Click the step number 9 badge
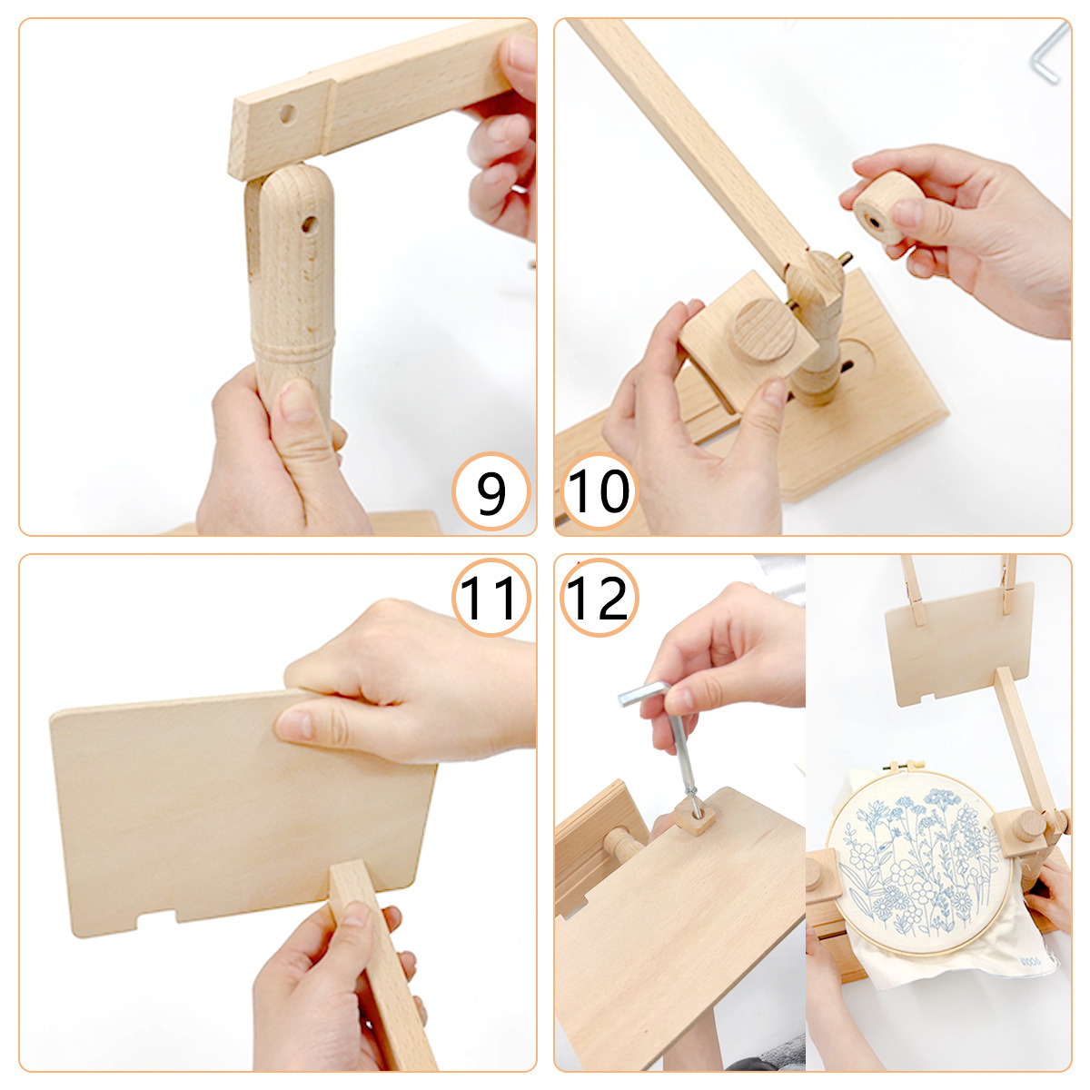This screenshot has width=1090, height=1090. [x=490, y=491]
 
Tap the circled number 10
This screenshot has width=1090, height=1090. [x=599, y=491]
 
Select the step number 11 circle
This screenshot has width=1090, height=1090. [x=490, y=598]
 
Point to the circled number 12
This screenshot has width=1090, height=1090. [x=599, y=598]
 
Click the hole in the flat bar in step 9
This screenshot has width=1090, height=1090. [x=287, y=114]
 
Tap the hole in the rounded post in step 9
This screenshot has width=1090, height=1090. [x=309, y=224]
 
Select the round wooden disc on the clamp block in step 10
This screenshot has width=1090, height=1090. [x=764, y=331]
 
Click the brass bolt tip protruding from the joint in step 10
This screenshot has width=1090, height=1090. [x=845, y=259]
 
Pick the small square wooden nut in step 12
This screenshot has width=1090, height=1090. [x=695, y=817]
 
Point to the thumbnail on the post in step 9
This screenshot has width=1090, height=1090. [x=296, y=401]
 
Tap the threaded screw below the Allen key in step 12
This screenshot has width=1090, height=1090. [x=693, y=798]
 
